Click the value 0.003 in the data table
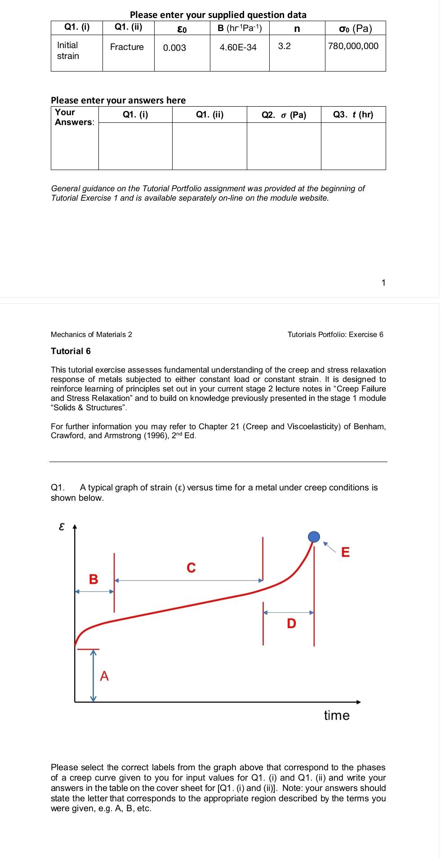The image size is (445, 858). [x=174, y=48]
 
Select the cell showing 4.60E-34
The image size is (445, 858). [x=238, y=47]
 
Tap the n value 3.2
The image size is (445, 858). [x=284, y=46]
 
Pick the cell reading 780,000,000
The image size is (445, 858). [x=353, y=46]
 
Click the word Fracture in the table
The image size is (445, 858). [x=127, y=47]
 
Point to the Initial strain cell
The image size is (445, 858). [x=68, y=50]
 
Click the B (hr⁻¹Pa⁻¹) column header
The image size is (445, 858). [x=239, y=28]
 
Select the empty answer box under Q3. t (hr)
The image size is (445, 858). [x=353, y=146]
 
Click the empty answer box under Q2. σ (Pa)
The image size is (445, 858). [x=284, y=146]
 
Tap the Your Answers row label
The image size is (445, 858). [x=74, y=117]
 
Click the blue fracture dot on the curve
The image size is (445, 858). [x=314, y=536]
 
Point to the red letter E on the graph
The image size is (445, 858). [x=345, y=552]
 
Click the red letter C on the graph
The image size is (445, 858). [x=191, y=568]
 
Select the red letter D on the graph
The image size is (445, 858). [x=291, y=624]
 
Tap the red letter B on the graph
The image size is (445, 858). [x=93, y=579]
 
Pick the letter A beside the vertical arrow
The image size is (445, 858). [x=104, y=676]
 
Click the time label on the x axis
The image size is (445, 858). [x=337, y=715]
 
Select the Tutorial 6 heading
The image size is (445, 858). [x=71, y=351]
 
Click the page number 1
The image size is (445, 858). [x=383, y=283]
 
